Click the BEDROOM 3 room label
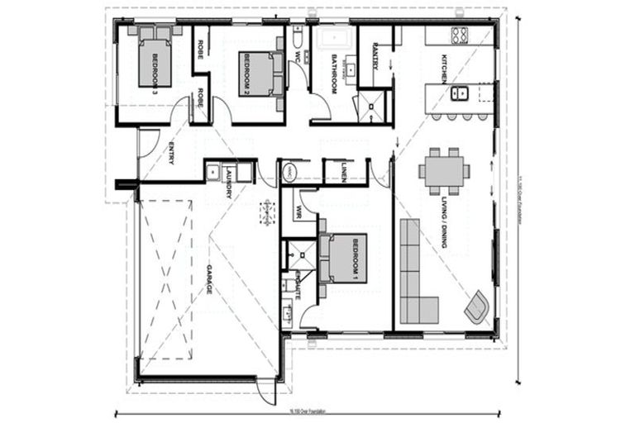[155, 64]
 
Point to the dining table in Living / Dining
[444, 171]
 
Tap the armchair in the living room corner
[478, 307]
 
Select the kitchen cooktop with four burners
[459, 35]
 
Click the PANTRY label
[375, 56]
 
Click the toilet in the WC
[297, 40]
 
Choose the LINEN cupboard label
[343, 171]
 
